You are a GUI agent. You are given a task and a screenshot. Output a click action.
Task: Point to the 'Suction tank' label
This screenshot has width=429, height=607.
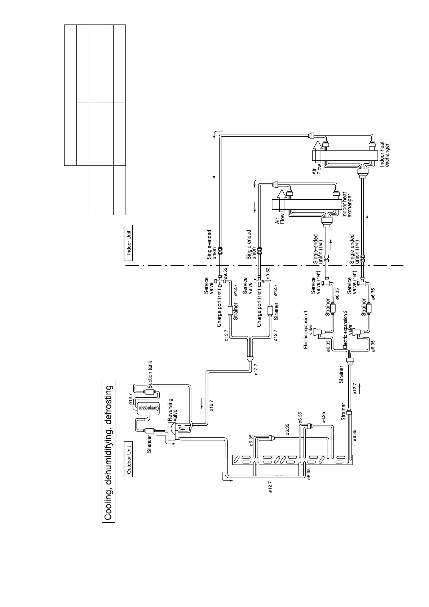150,375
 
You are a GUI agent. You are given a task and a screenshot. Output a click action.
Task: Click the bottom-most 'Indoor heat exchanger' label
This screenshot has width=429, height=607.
384,155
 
